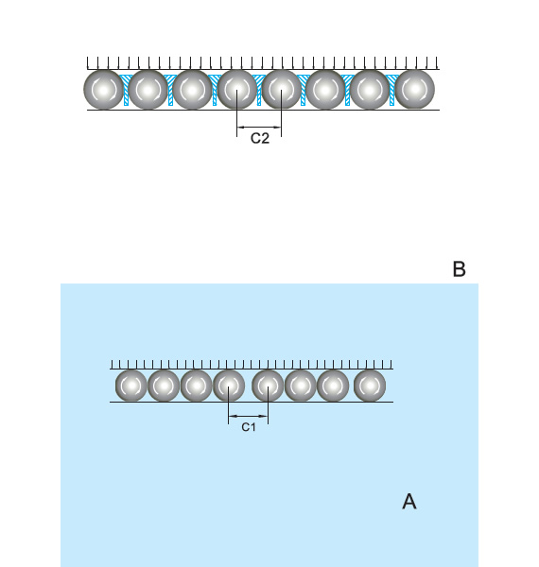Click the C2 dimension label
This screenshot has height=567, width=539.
pos(260,139)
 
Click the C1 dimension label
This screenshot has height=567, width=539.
pos(249,428)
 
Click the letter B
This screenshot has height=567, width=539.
pos(460,269)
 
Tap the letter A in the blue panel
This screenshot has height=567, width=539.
pos(409,501)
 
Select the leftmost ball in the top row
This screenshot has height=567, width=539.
pos(103,90)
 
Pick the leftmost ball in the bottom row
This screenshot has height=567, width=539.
pos(131,386)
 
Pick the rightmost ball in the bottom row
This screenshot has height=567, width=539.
pos(370,386)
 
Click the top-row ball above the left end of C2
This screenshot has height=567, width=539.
pos(237,90)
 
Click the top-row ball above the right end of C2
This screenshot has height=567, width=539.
pos(282,90)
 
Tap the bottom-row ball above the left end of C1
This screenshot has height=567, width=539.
pos(229,386)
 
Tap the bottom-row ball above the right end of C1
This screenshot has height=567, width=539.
pos(269,386)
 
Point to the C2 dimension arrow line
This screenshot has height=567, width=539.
pos(260,127)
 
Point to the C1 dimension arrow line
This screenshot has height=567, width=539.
pos(249,416)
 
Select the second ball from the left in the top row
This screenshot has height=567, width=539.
pos(148,90)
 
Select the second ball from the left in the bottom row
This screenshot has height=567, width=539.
pos(164,386)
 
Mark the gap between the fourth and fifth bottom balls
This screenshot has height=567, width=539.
pos(249,386)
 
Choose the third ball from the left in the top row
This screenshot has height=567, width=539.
pos(192,90)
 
